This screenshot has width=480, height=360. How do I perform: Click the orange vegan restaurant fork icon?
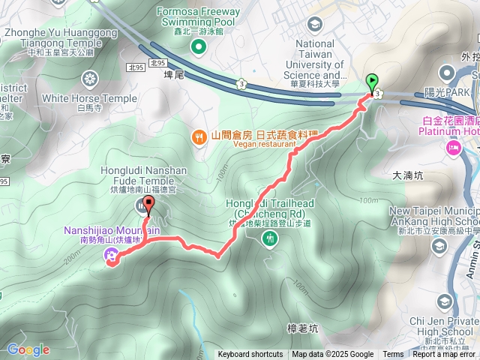(x=199, y=136)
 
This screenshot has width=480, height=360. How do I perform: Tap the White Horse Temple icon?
(x=90, y=78)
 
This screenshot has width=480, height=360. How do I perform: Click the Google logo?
(x=28, y=349)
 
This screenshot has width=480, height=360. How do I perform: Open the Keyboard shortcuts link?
(x=250, y=355)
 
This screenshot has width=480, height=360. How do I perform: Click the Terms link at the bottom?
(x=393, y=355)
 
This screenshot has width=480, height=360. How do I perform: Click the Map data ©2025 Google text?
(x=332, y=355)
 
